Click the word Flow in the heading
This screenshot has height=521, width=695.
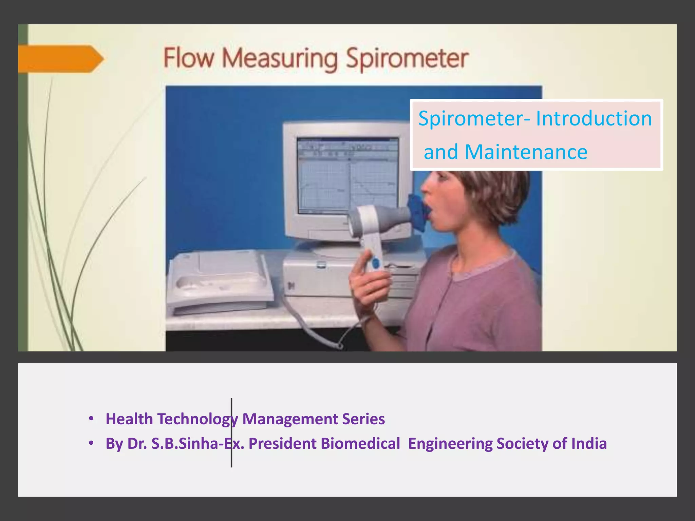pos(189,58)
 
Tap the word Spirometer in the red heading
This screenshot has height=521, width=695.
pos(407,59)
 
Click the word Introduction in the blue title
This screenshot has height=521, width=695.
pos(594,119)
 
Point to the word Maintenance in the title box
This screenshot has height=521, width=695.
pos(526,152)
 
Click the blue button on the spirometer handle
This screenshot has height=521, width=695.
pos(375,264)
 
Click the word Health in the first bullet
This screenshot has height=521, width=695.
pos(129,419)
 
